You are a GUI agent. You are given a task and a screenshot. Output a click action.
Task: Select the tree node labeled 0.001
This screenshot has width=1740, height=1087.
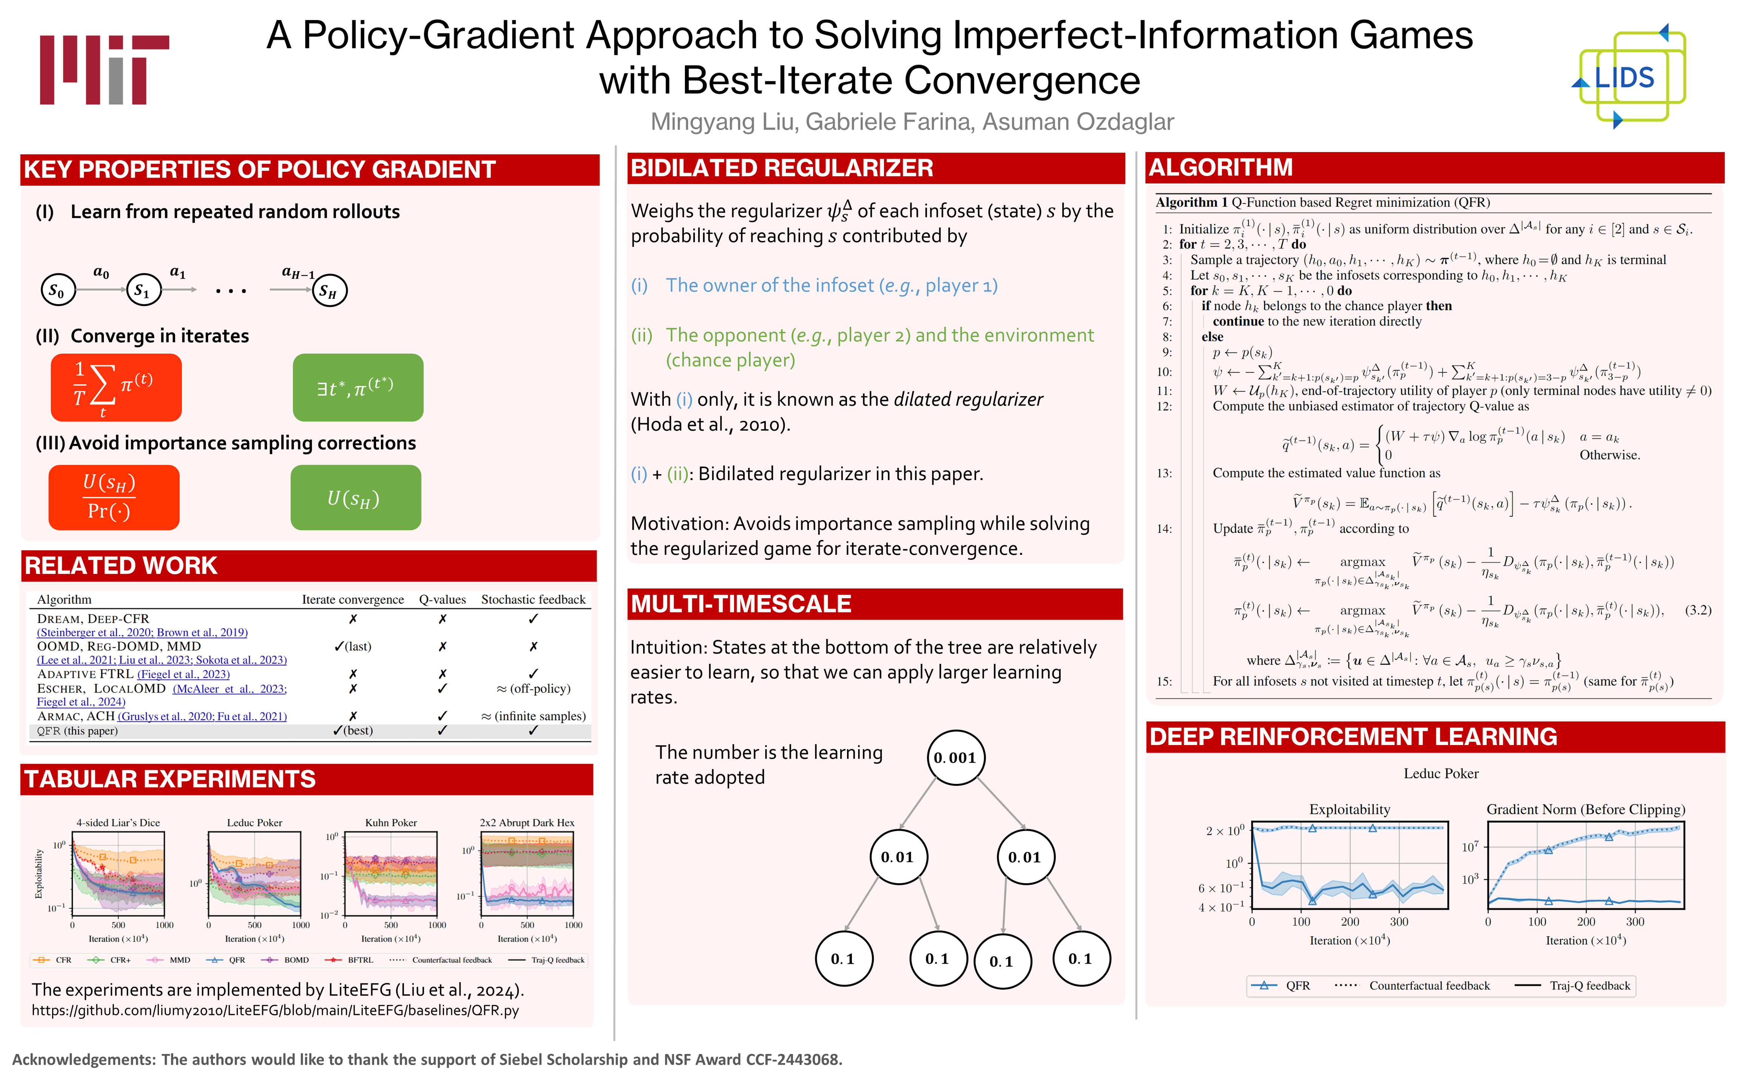tap(955, 758)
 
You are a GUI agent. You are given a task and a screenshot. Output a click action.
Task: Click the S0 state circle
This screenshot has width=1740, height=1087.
tap(57, 291)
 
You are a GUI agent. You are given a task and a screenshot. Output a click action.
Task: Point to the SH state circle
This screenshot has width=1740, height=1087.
tap(329, 291)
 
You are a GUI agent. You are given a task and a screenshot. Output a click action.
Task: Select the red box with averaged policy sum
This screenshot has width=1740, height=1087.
tap(116, 388)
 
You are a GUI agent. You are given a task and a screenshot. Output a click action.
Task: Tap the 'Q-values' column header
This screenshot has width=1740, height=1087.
tap(442, 600)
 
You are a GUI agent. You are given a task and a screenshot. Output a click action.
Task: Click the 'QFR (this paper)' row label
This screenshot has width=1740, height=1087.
tap(78, 731)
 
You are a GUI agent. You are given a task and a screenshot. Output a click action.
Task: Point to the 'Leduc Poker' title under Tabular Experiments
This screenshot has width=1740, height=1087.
tap(255, 822)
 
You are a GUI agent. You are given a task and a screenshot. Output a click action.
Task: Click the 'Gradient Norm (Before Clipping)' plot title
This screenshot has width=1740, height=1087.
tap(1586, 810)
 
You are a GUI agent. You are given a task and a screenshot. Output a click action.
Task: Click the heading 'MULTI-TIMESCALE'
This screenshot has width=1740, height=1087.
tap(740, 604)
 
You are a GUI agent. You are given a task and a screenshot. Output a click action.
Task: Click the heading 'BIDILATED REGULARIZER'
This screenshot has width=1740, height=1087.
tap(782, 168)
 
